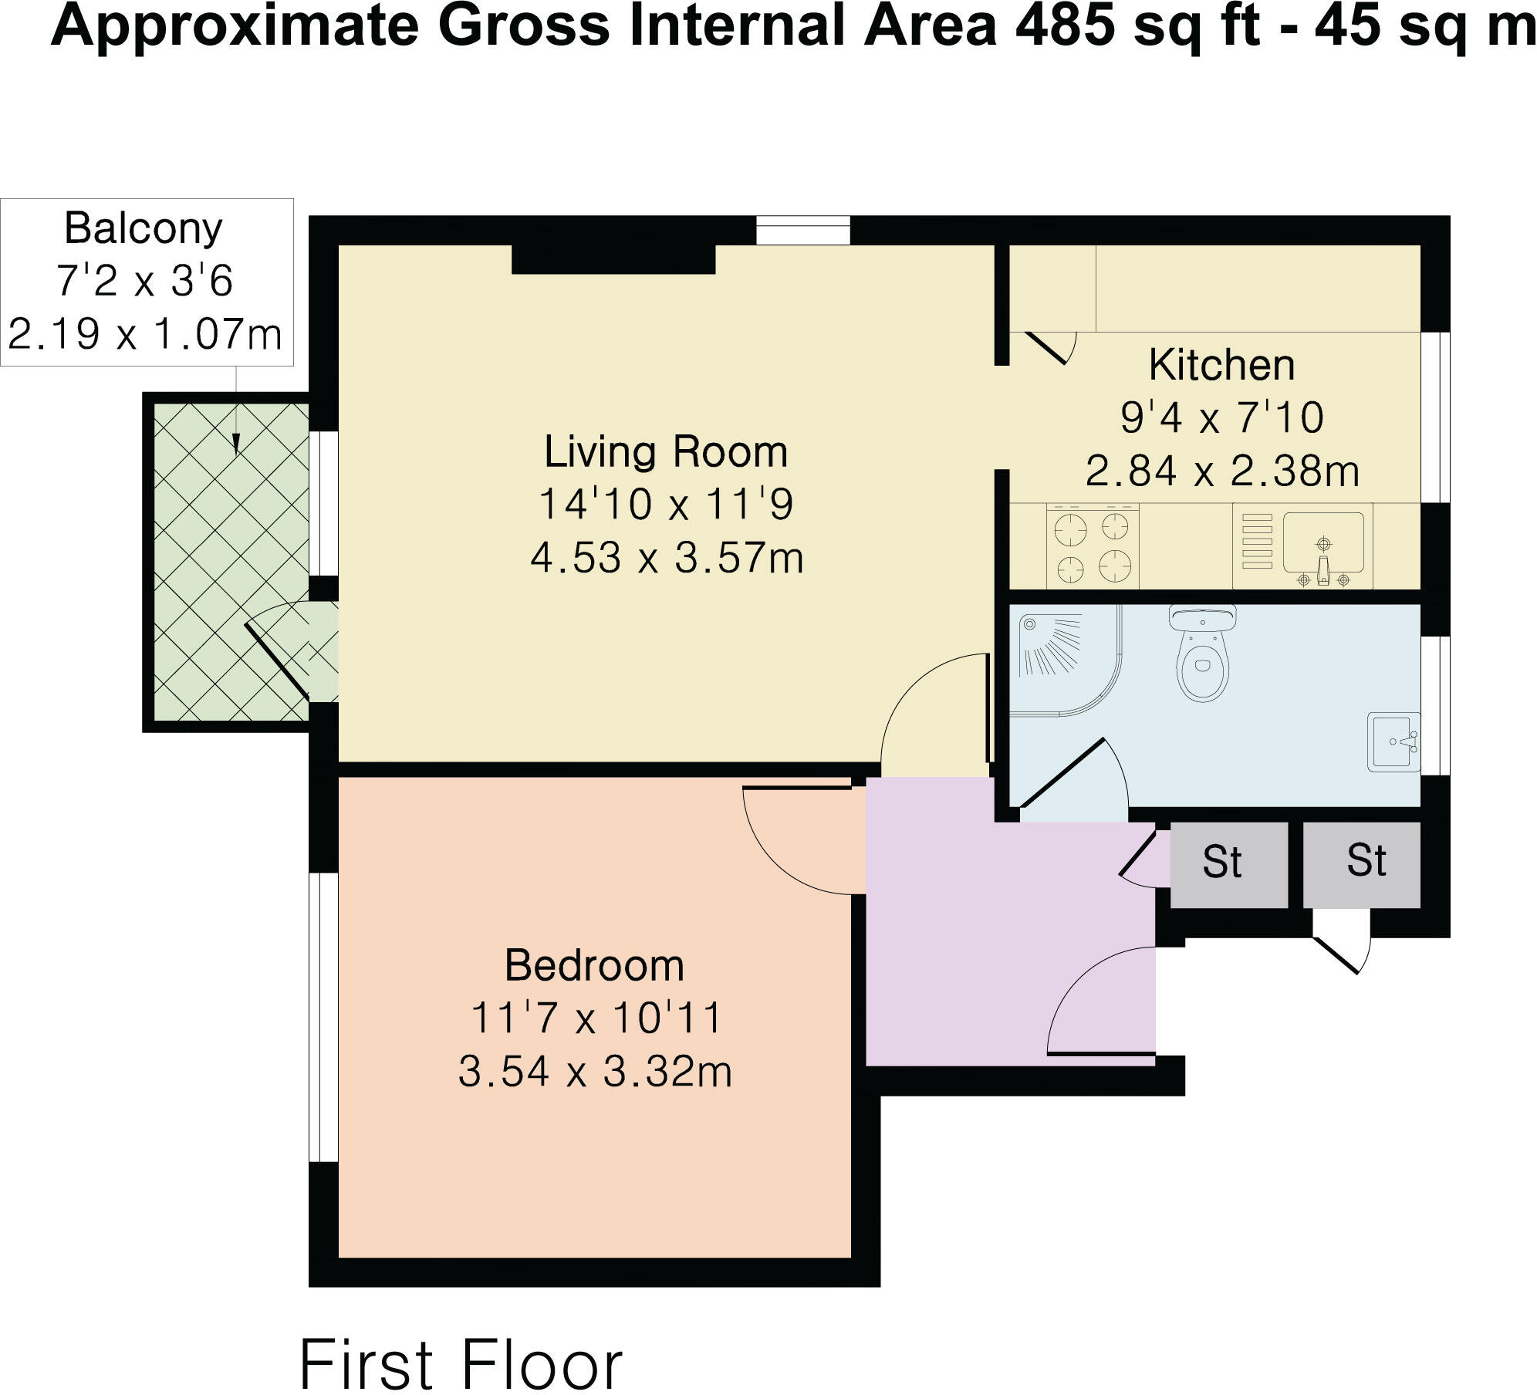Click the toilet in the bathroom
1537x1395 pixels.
[x=1202, y=654]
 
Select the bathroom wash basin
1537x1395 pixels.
[x=1393, y=741]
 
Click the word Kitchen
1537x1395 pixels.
[x=1221, y=365]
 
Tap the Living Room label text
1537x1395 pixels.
[x=666, y=451]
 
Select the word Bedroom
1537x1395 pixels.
[x=594, y=965]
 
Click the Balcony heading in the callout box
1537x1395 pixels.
[x=144, y=228]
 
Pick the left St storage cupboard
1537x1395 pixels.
[x=1229, y=864]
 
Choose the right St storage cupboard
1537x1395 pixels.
[x=1362, y=864]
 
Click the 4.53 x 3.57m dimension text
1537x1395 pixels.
[x=667, y=557]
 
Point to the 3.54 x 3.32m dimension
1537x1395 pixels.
[x=595, y=1071]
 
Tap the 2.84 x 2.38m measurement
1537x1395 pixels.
[x=1222, y=471]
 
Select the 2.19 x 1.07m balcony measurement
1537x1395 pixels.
[x=144, y=334]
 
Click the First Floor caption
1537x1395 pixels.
[x=461, y=1364]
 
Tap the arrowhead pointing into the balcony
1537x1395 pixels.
[x=236, y=444]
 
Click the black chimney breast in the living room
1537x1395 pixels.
[x=613, y=259]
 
